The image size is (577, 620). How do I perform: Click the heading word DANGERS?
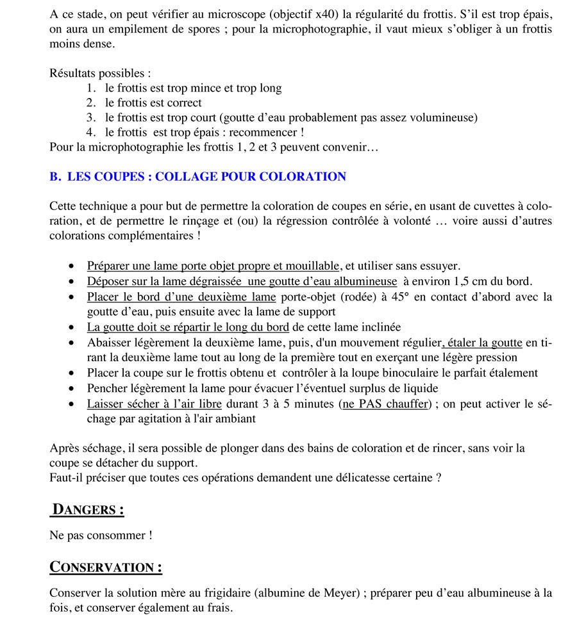[x=87, y=510]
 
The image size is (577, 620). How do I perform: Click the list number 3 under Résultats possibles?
[x=90, y=118]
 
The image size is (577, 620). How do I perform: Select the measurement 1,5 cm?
[x=468, y=281]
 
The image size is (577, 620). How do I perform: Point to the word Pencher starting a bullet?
[x=107, y=388]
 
